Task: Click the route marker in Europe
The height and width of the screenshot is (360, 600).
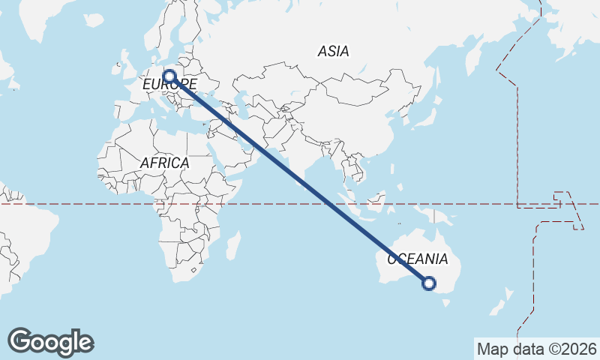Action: (x=170, y=76)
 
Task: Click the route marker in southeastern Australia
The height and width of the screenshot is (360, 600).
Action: (x=429, y=283)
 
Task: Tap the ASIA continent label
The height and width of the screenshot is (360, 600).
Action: (x=334, y=52)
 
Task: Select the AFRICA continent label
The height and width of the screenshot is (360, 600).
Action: (x=164, y=162)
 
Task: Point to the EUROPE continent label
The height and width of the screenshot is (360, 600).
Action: (x=169, y=85)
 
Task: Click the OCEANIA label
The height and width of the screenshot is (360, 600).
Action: (x=418, y=259)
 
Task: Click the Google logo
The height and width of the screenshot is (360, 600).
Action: (x=50, y=342)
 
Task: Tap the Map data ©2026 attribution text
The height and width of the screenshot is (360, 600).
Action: (x=537, y=348)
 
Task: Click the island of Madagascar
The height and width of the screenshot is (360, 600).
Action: (x=232, y=246)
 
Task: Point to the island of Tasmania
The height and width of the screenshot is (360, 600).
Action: (x=448, y=303)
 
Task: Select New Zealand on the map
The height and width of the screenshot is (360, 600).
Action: (x=499, y=304)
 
